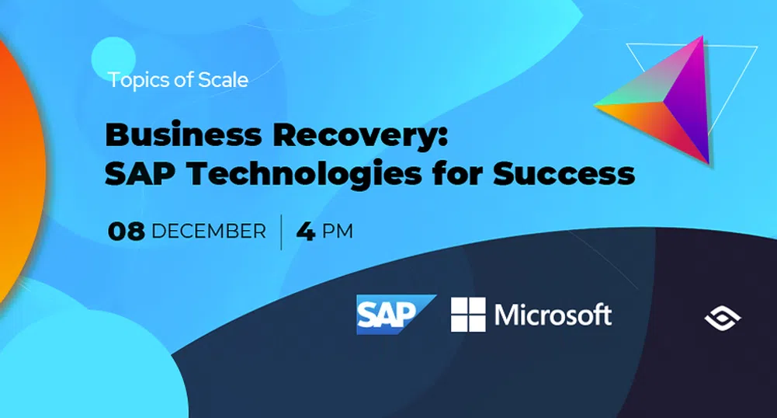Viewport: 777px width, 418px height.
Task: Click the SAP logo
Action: [395, 315]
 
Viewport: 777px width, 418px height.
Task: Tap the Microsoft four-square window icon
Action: [468, 315]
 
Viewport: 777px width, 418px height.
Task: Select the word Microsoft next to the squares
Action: [553, 315]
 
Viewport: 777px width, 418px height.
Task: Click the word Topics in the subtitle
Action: [140, 79]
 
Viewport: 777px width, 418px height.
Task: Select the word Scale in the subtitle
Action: [224, 79]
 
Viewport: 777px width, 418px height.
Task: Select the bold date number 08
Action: [126, 232]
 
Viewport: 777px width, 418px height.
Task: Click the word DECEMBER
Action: [209, 232]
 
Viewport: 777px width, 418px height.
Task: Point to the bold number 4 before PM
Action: [306, 232]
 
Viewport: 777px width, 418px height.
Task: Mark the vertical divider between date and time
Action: [281, 232]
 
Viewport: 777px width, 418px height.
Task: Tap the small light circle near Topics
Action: [113, 59]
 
